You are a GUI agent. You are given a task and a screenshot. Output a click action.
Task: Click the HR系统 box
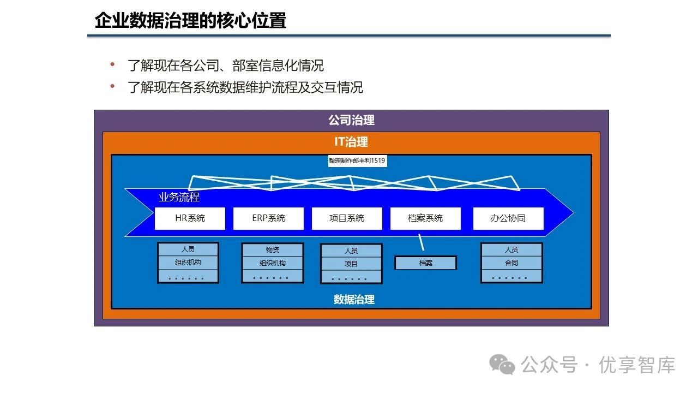pos(190,218)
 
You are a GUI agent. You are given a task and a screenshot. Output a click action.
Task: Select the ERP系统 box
pos(268,218)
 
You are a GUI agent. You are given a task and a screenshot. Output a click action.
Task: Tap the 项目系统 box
pos(347,218)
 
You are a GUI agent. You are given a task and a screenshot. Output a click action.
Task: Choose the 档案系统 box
pos(425,218)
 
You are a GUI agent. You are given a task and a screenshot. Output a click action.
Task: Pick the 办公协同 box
pos(508,218)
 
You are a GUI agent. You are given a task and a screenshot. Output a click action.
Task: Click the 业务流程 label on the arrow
pos(179,198)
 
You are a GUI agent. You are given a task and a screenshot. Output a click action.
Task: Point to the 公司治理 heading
pos(351,120)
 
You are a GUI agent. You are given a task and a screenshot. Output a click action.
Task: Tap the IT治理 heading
pos(351,142)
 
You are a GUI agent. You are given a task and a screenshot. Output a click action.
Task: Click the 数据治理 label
pos(354,300)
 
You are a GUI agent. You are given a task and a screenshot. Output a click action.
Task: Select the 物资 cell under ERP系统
pos(273,250)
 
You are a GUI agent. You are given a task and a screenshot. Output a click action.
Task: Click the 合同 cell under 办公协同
pos(512,263)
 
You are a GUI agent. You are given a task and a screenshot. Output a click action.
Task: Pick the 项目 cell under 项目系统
pos(351,264)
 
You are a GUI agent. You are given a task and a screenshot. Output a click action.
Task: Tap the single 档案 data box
pos(426,263)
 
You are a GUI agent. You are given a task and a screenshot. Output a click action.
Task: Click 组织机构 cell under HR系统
pos(188,263)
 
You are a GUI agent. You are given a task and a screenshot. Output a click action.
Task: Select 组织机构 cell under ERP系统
pos(273,263)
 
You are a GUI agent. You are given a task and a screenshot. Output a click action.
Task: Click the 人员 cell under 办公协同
pos(512,250)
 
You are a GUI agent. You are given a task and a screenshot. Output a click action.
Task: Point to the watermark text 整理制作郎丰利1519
pos(357,161)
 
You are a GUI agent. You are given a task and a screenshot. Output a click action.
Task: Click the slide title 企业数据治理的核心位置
pos(190,21)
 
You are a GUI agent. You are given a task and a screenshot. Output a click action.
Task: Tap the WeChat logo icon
pos(502,364)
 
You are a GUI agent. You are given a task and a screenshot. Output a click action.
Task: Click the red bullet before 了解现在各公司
pos(113,65)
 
